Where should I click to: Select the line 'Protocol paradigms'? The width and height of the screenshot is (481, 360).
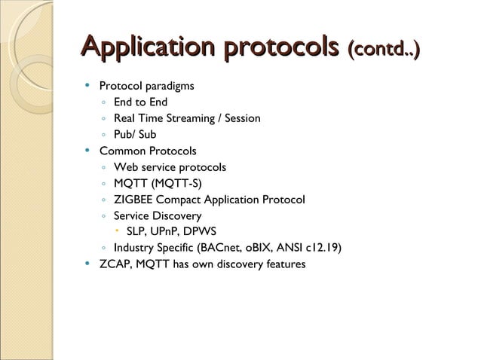point(147,86)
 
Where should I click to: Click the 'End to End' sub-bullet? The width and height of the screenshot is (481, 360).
point(140,102)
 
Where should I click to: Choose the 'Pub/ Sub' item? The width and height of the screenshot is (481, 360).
point(135,135)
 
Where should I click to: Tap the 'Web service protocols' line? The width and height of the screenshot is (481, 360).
point(170,167)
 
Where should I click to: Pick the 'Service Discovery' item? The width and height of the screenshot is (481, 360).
point(158,216)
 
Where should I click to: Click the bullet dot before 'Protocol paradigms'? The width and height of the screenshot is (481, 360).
point(88,86)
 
